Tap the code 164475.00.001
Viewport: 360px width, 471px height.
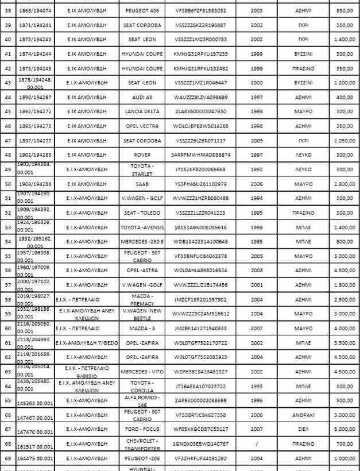pyautogui.click(x=36, y=458)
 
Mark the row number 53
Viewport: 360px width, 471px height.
pyautogui.click(x=8, y=227)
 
